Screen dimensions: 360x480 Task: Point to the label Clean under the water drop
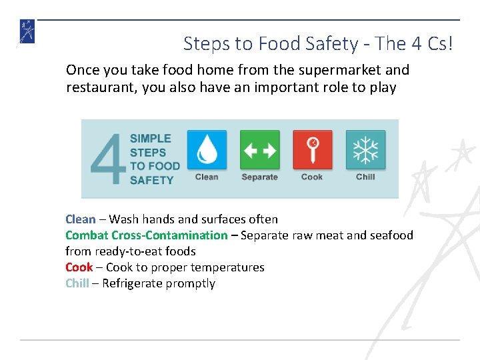tap(207, 177)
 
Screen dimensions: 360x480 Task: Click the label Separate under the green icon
tap(259, 177)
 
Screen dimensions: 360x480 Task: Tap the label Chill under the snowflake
tap(365, 177)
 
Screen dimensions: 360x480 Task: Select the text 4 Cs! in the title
tap(432, 44)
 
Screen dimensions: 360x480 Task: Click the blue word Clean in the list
tap(80, 219)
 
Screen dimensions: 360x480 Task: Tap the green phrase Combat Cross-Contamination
tap(146, 235)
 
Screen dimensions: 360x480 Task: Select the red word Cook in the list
tap(79, 267)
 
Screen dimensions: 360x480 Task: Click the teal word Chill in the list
tap(77, 283)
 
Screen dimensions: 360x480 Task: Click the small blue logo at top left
tap(27, 32)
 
